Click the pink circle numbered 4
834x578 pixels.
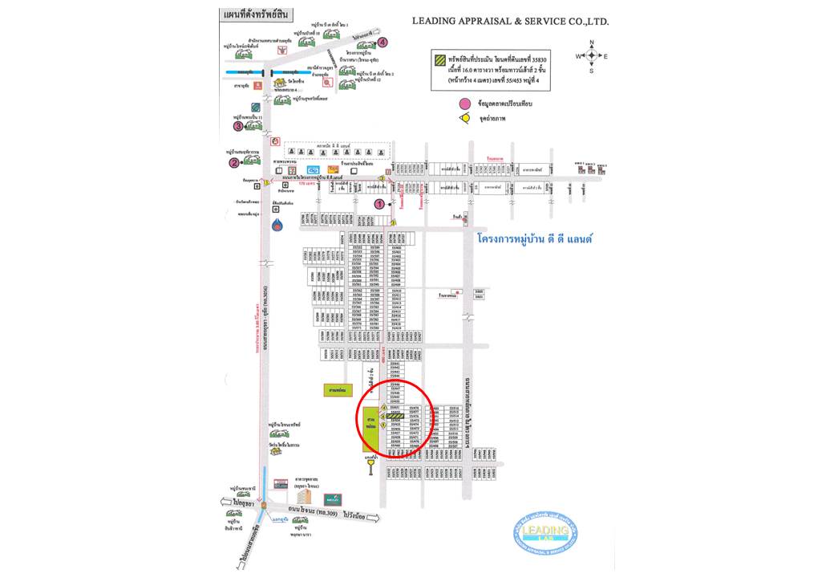pos(383,42)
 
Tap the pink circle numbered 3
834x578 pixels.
pos(238,126)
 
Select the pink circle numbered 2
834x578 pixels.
pos(234,162)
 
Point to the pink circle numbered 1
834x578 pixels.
pos(379,204)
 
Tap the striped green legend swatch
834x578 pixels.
pos(440,60)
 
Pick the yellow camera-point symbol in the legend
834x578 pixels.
pos(464,118)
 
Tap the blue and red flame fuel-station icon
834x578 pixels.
pos(277,225)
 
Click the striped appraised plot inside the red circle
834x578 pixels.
pos(394,417)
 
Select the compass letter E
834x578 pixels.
pos(606,55)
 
